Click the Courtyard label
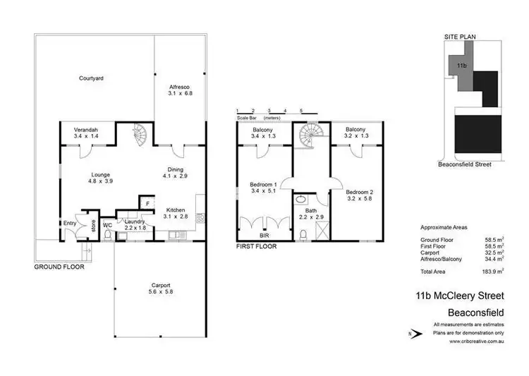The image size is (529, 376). click(x=91, y=78)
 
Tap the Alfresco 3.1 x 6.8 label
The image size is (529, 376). click(x=180, y=90)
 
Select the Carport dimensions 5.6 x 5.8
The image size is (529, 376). click(x=158, y=291)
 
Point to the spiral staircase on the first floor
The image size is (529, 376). click(x=308, y=133)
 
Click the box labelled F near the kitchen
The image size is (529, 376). click(x=147, y=204)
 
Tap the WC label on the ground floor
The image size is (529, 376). click(x=107, y=225)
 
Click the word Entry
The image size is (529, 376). click(x=69, y=224)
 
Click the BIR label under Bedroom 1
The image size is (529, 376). click(x=264, y=237)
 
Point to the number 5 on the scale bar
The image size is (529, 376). click(x=301, y=111)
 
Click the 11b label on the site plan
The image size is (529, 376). click(x=462, y=65)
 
